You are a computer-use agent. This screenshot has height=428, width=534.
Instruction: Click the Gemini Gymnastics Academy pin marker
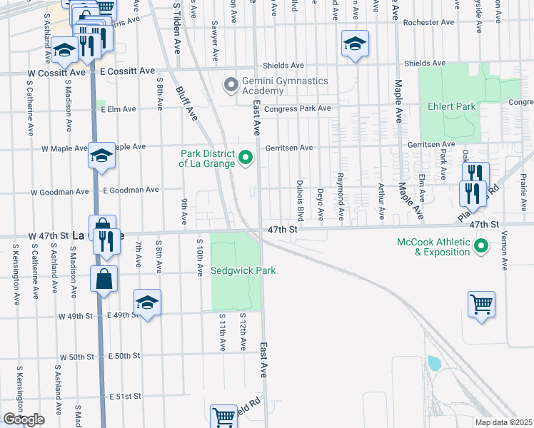tap(231, 86)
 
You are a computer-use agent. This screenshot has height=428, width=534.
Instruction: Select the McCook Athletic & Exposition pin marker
tap(481, 247)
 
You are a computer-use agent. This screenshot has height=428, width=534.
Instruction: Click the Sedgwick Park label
tap(243, 271)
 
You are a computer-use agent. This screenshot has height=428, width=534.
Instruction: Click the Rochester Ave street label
tap(428, 22)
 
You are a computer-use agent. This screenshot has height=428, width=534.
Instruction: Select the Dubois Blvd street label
tap(301, 201)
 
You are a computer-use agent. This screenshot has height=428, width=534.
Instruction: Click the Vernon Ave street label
tap(504, 251)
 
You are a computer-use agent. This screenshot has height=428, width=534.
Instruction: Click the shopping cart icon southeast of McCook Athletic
tap(482, 305)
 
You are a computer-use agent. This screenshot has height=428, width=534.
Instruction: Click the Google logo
tap(24, 419)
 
